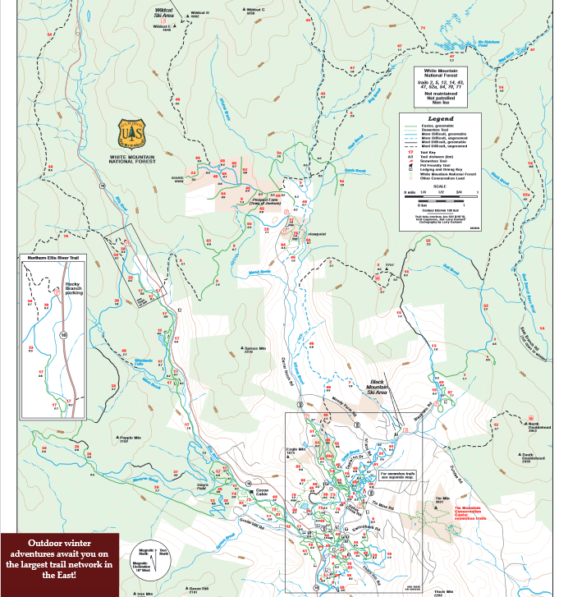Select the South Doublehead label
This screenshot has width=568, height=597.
point(533,457)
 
